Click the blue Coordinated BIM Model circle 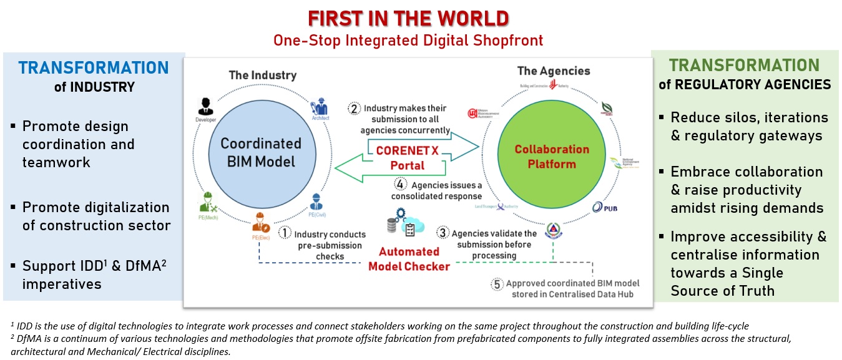pos(261,152)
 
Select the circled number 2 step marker pos(355,108)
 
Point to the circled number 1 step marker pos(285,233)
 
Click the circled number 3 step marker pos(443,233)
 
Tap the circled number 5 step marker pos(497,284)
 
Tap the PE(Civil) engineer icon pos(316,202)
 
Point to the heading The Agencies pos(554,71)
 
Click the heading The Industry pos(263,75)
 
